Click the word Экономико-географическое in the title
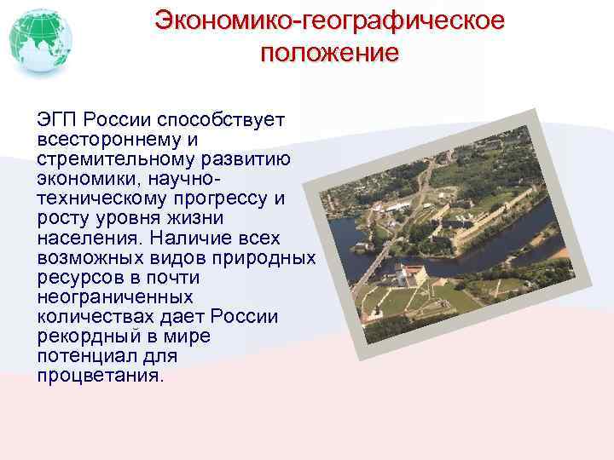point(329,20)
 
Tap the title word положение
point(329,53)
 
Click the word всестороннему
point(106,137)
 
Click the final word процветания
point(98,376)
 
